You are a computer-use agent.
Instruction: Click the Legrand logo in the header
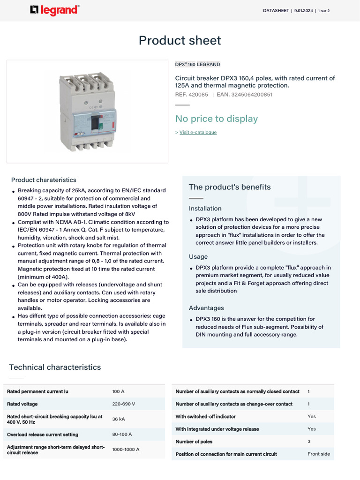(x=54, y=10)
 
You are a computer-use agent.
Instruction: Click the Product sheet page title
(x=180, y=40)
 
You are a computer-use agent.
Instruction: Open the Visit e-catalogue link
(x=198, y=132)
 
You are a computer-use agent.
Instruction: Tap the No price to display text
(x=216, y=119)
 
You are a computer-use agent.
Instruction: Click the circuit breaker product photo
(x=88, y=112)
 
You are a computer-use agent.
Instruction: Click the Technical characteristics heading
(x=55, y=367)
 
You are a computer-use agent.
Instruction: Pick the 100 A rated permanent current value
(x=118, y=391)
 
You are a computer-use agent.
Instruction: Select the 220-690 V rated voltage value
(x=124, y=404)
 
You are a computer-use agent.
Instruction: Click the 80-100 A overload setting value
(x=122, y=435)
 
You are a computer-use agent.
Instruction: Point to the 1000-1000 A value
(x=126, y=450)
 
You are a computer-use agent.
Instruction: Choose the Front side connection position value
(x=319, y=454)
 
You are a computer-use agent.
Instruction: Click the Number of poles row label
(x=194, y=442)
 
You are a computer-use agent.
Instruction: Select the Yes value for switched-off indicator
(x=312, y=416)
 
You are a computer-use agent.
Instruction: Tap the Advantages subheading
(x=206, y=308)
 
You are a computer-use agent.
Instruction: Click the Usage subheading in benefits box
(x=198, y=256)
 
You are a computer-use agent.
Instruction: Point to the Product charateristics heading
(x=44, y=180)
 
